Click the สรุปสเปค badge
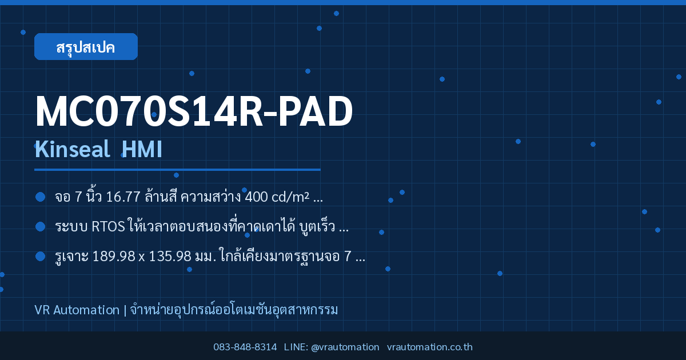(x=86, y=46)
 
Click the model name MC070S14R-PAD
(x=194, y=111)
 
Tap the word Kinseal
(x=72, y=149)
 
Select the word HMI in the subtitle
(x=142, y=149)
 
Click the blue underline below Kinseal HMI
(x=177, y=169)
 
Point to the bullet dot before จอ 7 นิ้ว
(x=40, y=197)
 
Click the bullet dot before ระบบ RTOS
(x=40, y=226)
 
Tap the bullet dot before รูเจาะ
(x=40, y=256)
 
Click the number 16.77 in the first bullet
(x=123, y=197)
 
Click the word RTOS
(x=108, y=227)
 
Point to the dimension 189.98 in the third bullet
(x=114, y=256)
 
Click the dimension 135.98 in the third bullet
(x=170, y=256)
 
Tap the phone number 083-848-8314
(x=245, y=347)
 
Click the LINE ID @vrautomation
(x=345, y=347)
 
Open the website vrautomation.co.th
(x=430, y=347)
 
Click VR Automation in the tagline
(x=77, y=310)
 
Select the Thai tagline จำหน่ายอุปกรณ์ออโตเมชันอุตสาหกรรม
(x=234, y=310)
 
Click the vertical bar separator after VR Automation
(x=125, y=310)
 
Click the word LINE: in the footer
(x=296, y=347)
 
